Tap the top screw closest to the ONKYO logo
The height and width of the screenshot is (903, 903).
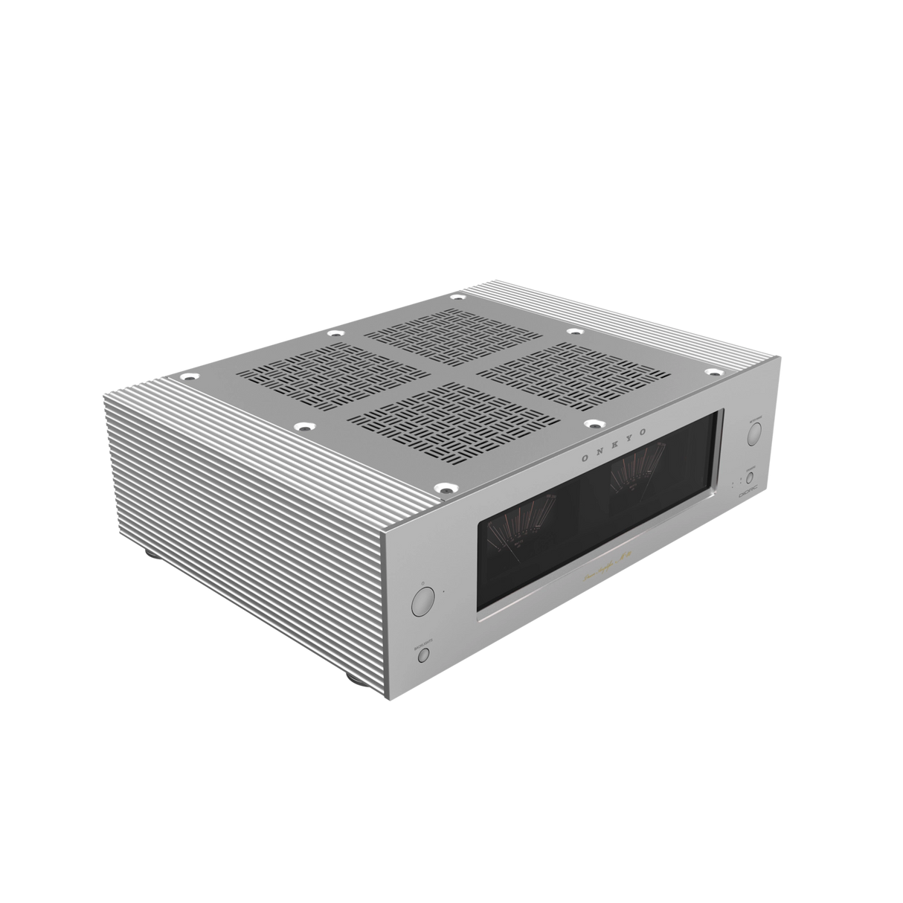593,424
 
